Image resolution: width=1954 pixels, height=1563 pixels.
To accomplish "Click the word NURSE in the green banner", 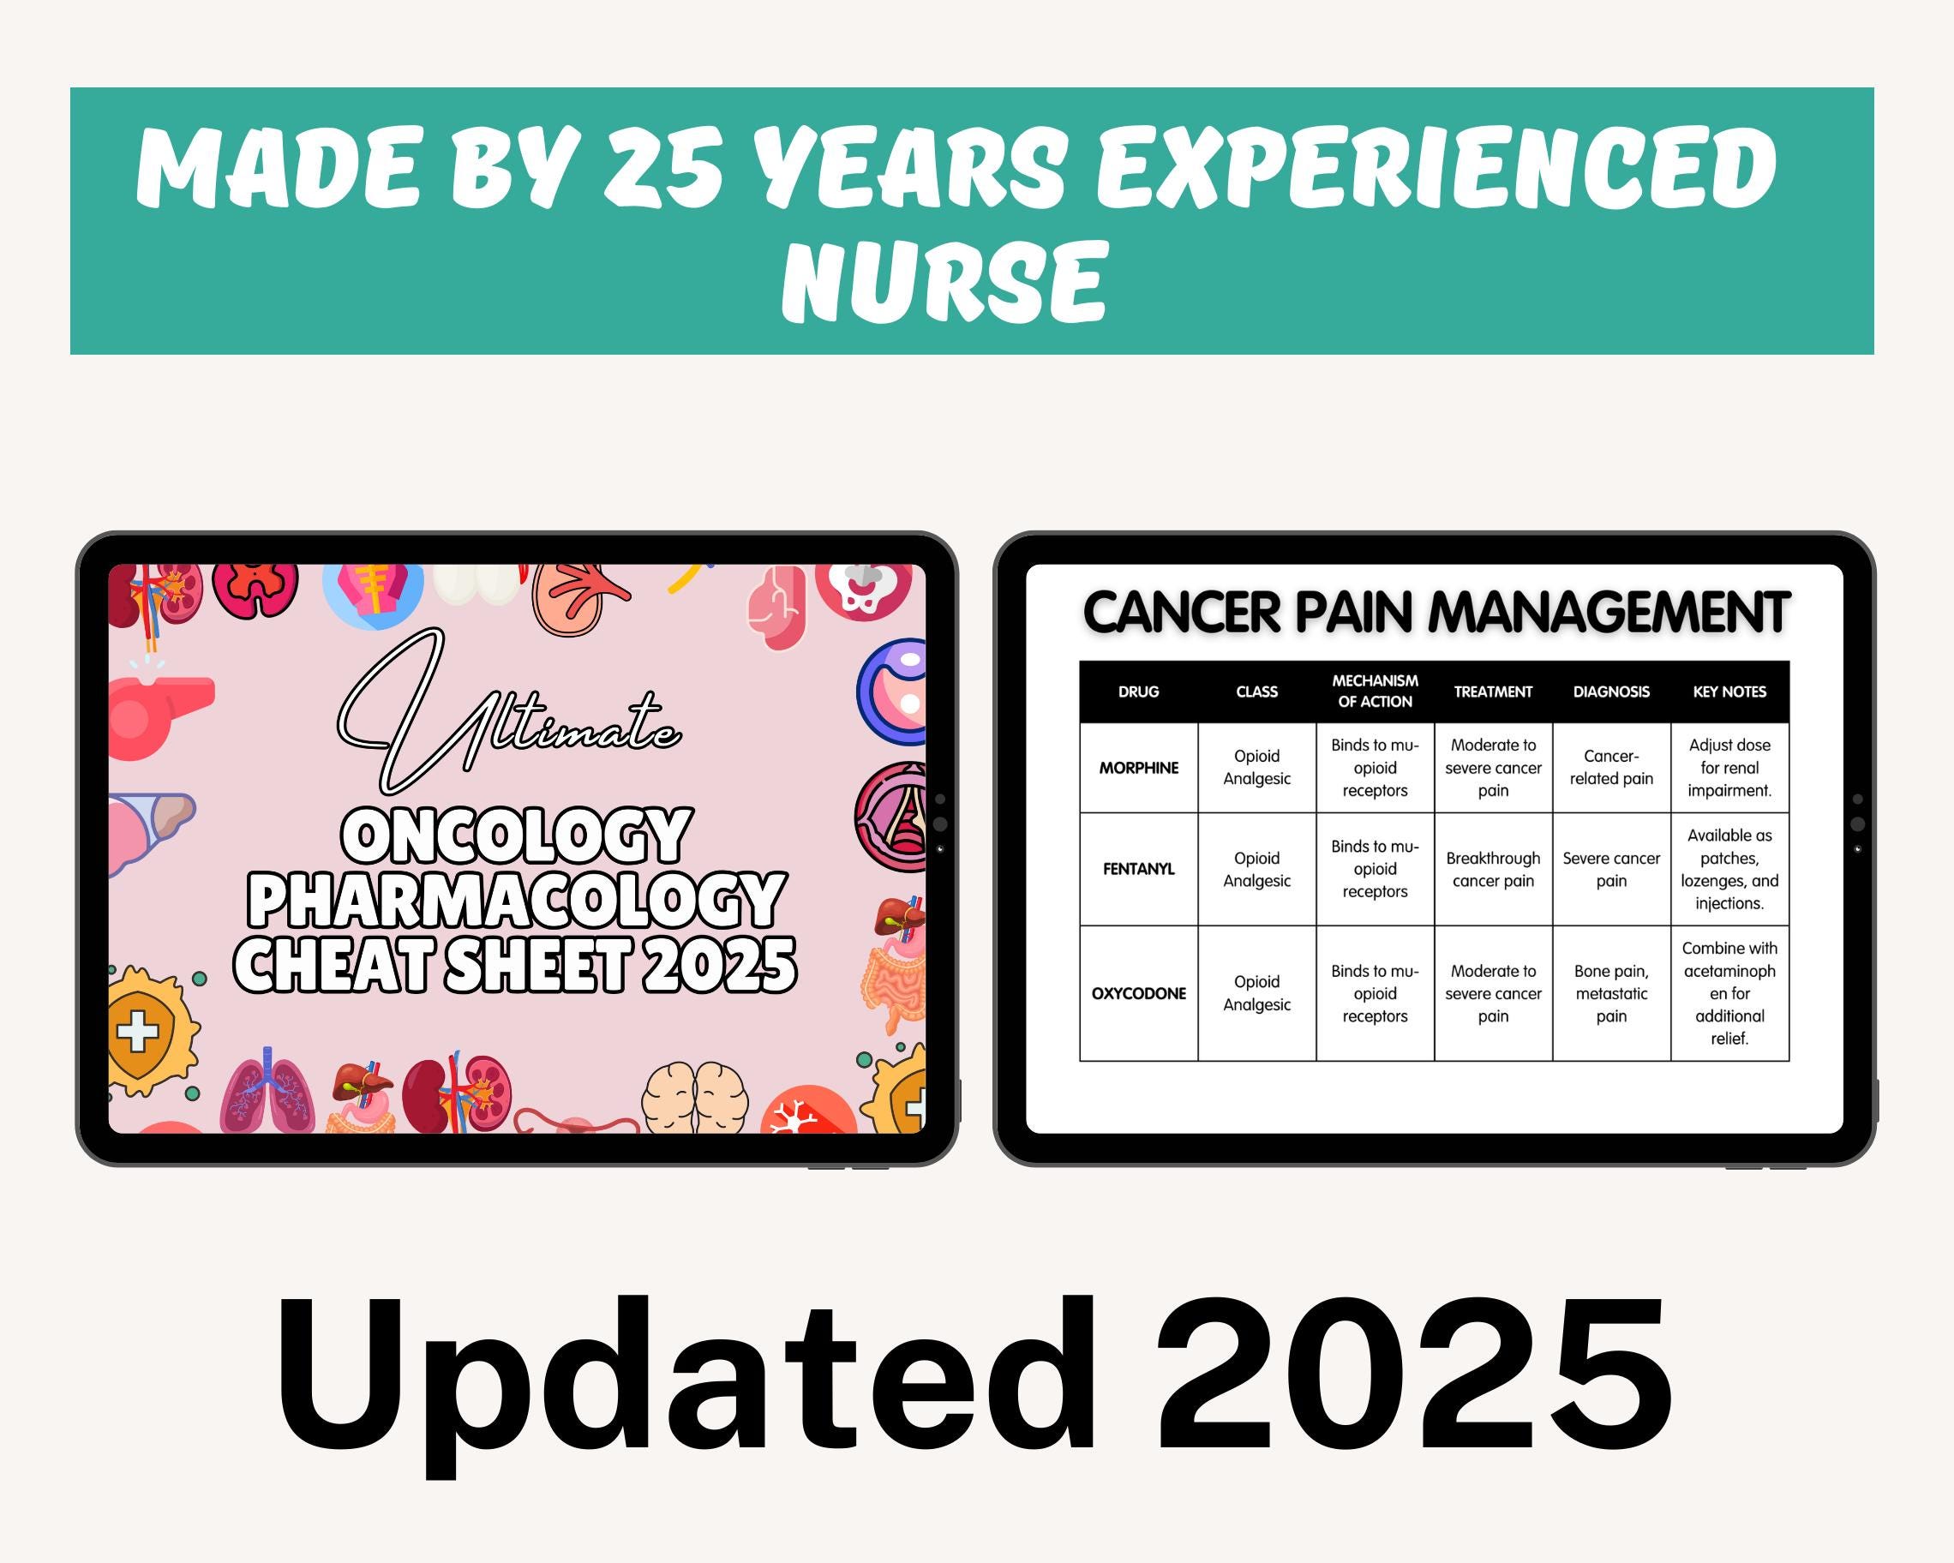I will pos(944,282).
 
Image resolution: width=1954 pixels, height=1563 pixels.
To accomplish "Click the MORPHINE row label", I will pos(1138,768).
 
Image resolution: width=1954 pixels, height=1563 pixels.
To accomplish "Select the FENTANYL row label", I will pos(1138,869).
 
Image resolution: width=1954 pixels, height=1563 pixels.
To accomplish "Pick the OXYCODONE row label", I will pos(1138,993).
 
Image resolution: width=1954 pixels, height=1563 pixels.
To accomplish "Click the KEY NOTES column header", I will pos(1729,692).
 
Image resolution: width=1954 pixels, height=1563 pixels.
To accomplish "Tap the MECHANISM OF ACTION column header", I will pos(1375,692).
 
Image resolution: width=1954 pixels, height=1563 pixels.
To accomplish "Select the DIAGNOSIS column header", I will pos(1610,692).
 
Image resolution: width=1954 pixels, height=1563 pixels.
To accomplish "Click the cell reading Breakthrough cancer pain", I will pos(1493,869).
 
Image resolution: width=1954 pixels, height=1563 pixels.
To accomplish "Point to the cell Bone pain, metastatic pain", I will pos(1610,993).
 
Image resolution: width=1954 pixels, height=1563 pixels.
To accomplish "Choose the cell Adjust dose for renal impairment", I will pos(1729,768).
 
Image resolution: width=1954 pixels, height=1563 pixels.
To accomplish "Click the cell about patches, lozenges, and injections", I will pos(1729,869).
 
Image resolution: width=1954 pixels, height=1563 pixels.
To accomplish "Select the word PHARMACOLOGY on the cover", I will pos(517,900).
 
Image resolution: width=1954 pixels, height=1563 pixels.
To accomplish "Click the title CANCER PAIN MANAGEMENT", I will pos(1436,613).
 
